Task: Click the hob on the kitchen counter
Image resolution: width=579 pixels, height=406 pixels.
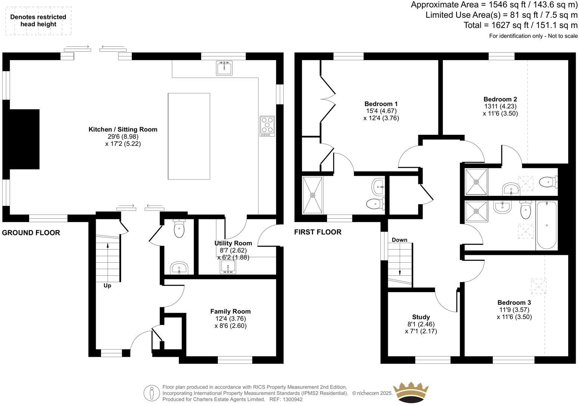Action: [x=267, y=125]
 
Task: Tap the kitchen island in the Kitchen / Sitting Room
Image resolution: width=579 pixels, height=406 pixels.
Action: [x=189, y=136]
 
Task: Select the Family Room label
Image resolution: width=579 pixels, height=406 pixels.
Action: [x=230, y=311]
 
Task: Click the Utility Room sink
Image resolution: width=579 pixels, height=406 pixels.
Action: [x=228, y=267]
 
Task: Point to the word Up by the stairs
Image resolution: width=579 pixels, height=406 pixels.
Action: [x=107, y=286]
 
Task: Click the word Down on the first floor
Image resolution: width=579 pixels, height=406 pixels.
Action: [x=399, y=240]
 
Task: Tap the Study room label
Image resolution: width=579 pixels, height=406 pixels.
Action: [x=421, y=317]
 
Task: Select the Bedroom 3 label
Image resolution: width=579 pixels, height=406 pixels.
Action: [x=514, y=303]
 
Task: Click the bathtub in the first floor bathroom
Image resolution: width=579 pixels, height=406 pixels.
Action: [x=547, y=225]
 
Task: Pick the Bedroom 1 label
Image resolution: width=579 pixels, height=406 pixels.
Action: [x=381, y=104]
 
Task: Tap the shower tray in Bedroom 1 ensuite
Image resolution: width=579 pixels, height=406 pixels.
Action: [x=312, y=195]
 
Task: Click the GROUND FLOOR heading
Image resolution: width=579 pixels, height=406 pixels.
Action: [x=31, y=233]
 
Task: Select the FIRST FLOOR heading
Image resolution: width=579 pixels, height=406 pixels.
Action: [x=318, y=232]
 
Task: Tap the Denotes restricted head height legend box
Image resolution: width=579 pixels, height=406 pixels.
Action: [x=38, y=21]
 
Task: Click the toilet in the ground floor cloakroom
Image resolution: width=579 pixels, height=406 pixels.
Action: [x=179, y=229]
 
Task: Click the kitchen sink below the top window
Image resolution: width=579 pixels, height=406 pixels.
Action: [x=224, y=68]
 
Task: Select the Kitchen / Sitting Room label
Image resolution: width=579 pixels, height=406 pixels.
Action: [x=123, y=129]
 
